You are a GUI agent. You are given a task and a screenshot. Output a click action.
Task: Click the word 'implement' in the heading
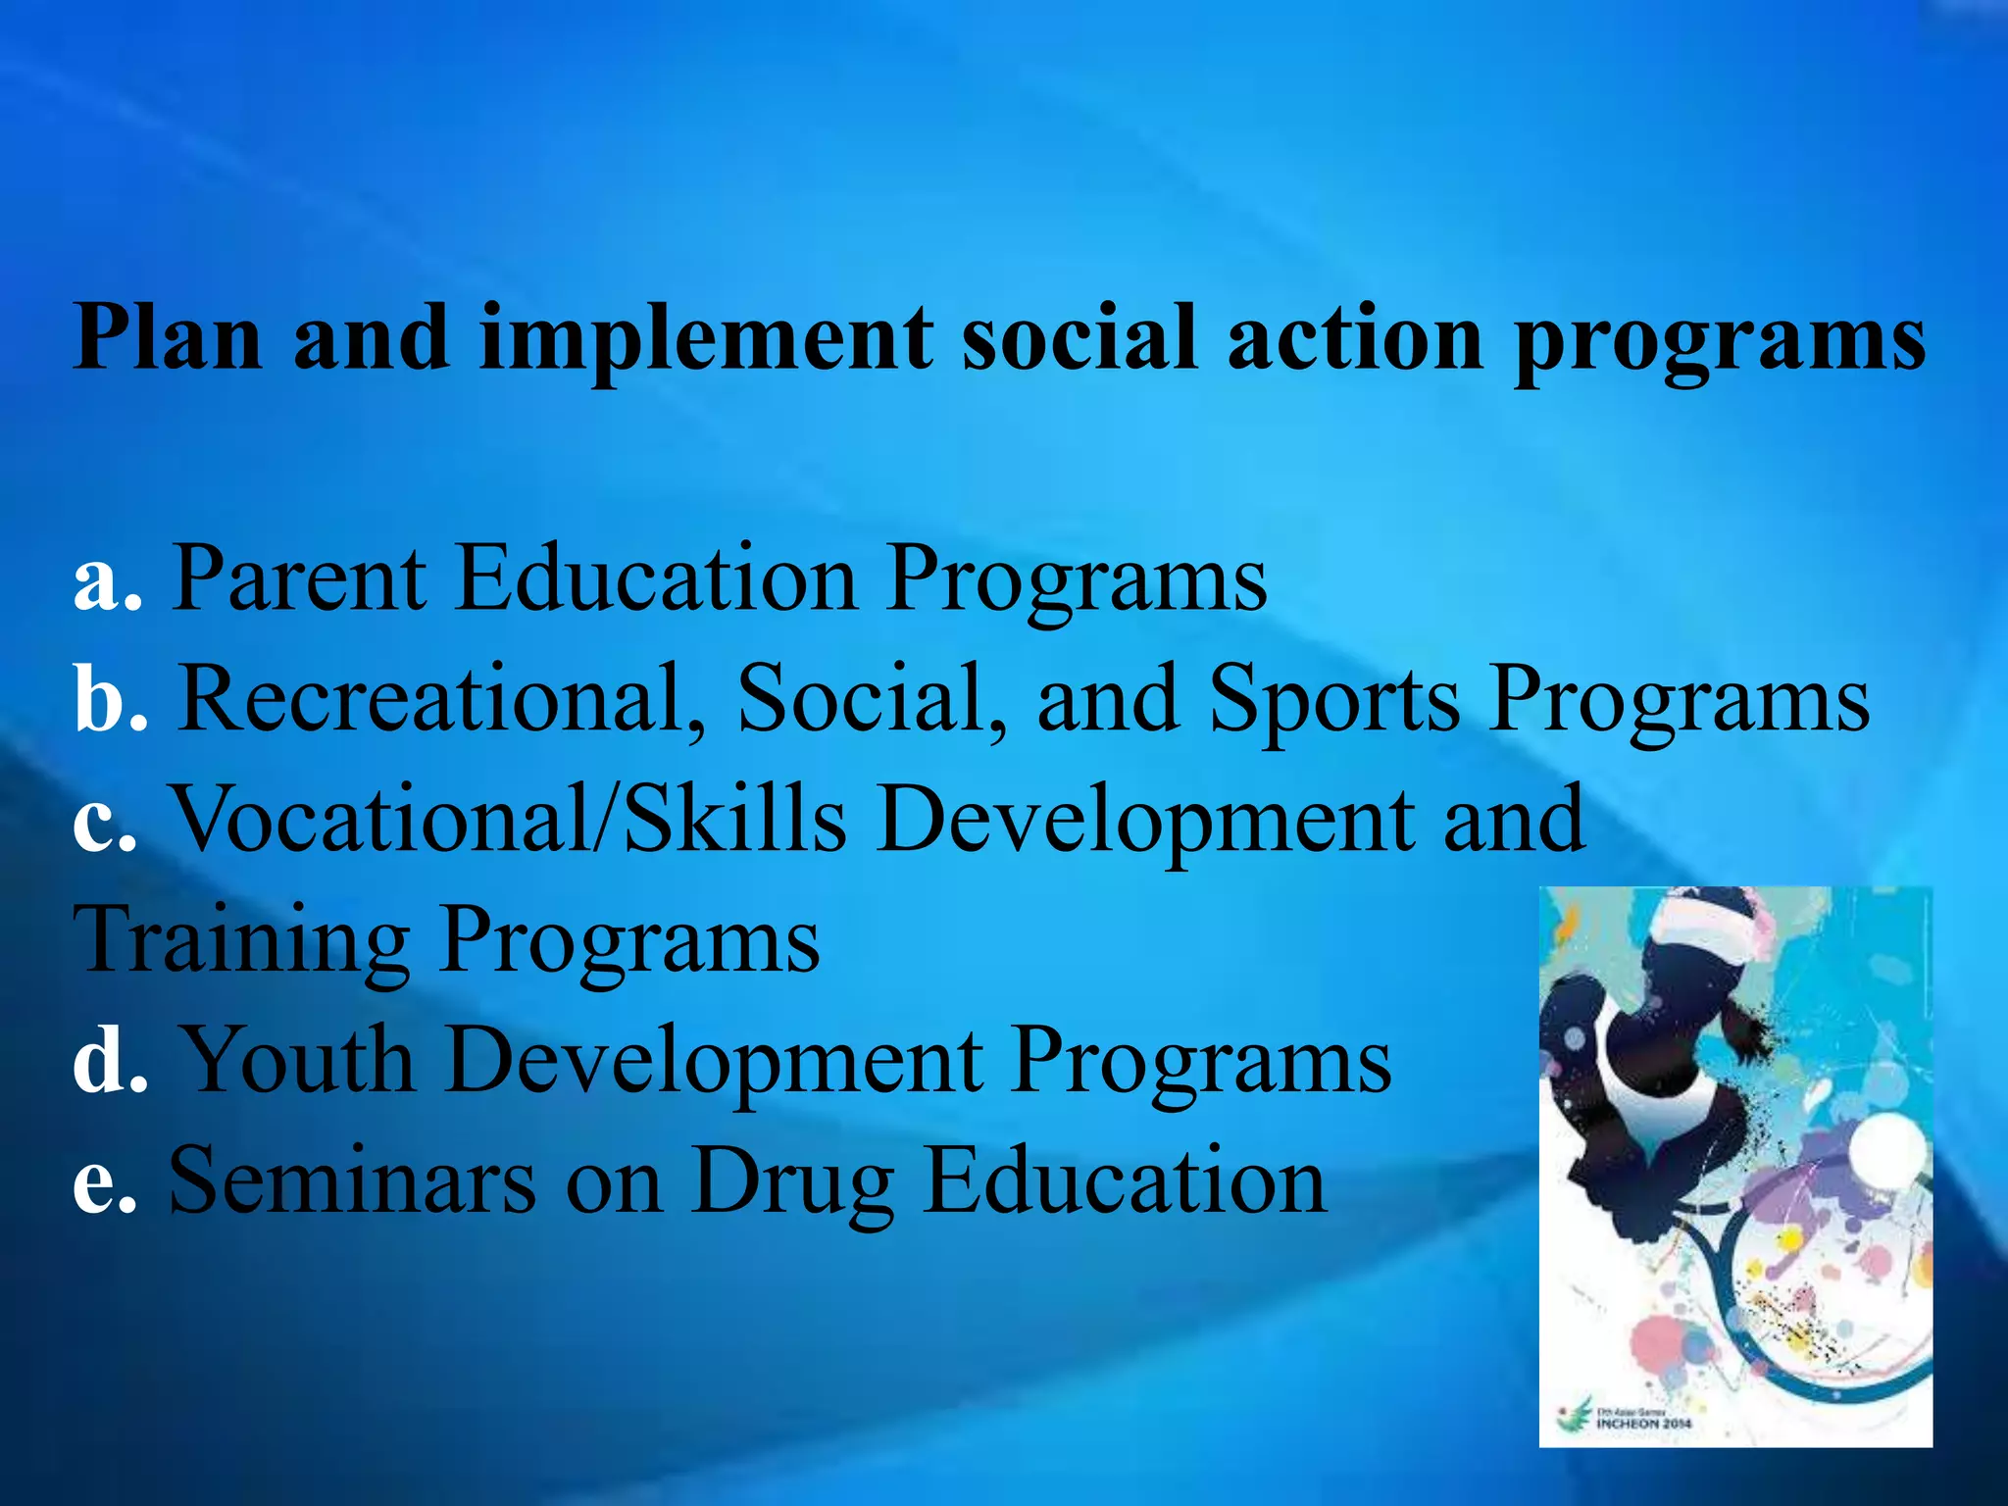(706, 338)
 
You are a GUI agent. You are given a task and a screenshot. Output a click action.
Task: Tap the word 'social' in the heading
(1079, 338)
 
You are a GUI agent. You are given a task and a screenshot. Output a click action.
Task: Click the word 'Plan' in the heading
(167, 338)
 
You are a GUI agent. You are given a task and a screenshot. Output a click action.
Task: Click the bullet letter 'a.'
(107, 580)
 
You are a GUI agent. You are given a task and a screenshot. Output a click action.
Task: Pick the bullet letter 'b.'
(110, 700)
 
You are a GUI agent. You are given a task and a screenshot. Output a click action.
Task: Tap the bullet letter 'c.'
(104, 822)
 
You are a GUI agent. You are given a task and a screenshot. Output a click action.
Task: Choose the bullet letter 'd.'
(110, 1062)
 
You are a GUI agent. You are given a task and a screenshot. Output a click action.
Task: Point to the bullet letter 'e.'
(104, 1182)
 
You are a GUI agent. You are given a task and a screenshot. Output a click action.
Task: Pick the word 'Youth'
(299, 1060)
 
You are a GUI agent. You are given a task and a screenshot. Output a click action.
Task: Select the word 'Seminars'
(353, 1181)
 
